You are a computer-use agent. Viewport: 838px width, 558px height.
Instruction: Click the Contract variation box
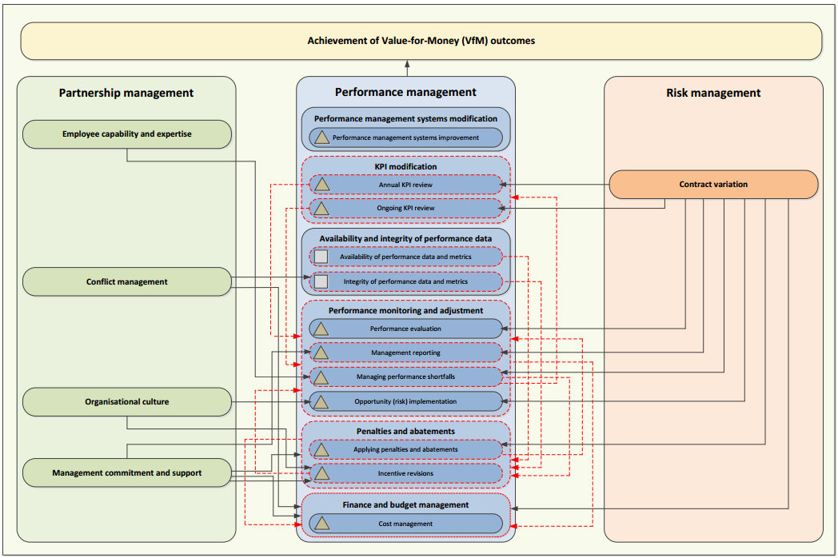713,185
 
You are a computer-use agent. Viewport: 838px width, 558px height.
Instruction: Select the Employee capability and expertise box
127,134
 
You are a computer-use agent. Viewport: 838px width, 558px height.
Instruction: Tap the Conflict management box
127,281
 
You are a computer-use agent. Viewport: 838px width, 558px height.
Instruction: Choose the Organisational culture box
127,401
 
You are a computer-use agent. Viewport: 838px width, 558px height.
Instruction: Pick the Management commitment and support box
127,472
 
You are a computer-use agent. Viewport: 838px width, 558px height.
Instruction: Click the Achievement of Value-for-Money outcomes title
421,41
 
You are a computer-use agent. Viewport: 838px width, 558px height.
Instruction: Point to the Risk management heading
713,93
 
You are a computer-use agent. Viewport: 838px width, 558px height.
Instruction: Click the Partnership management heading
126,93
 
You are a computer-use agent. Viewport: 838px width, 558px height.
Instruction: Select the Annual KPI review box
405,185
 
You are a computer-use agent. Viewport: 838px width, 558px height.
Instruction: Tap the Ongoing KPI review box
405,209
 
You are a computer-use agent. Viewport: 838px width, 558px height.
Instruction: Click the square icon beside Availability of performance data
321,257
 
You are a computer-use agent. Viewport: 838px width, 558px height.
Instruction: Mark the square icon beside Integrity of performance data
321,281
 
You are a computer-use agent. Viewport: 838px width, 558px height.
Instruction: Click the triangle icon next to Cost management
321,524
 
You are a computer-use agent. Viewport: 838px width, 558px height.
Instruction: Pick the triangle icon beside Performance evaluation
321,329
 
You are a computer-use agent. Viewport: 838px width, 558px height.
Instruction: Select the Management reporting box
405,353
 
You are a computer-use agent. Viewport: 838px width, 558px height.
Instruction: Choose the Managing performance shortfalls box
405,377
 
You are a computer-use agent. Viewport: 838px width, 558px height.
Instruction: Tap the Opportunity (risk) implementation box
405,401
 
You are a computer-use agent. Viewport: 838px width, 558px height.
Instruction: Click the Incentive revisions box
405,473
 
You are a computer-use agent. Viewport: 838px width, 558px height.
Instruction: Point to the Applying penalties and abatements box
405,449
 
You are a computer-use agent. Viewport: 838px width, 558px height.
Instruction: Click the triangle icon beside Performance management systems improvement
321,138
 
